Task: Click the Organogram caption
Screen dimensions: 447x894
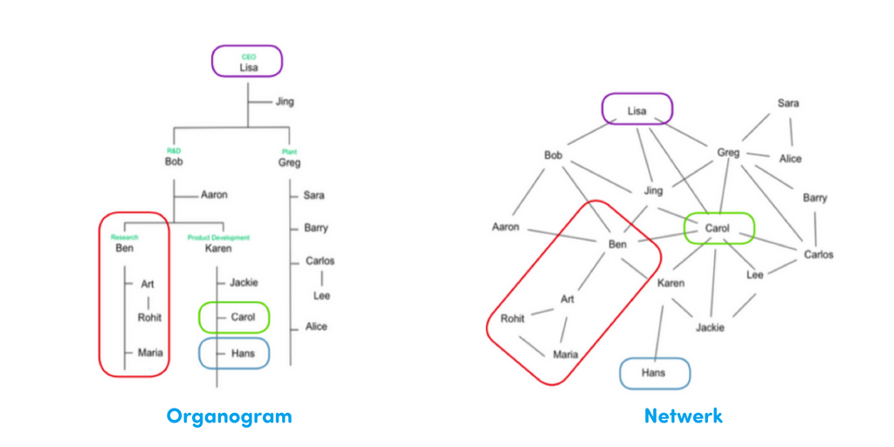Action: coord(229,416)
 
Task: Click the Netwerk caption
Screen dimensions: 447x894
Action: coord(683,416)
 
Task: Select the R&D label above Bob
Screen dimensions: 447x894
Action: coord(173,151)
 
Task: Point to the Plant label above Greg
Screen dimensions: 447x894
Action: coord(289,151)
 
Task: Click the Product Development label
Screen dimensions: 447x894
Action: coord(218,237)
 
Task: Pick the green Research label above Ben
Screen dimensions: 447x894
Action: coord(124,237)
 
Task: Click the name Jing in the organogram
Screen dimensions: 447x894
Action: coord(285,101)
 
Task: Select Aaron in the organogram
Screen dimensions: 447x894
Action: coord(215,195)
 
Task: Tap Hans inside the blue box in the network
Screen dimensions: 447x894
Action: coord(654,373)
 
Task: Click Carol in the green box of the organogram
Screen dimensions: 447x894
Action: coord(244,317)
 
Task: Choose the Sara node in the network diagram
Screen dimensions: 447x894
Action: coord(788,103)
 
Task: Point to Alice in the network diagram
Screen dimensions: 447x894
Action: coord(790,159)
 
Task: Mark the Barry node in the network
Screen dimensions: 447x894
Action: coord(815,198)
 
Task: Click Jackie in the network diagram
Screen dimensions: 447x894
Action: coord(710,328)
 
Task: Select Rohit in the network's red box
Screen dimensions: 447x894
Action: coord(512,319)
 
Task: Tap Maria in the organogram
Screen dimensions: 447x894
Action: coord(150,353)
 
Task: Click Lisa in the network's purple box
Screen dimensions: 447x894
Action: coord(637,111)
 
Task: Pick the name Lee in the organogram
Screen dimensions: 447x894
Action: coord(322,296)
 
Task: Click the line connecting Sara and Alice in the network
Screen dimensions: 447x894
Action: coord(790,131)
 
